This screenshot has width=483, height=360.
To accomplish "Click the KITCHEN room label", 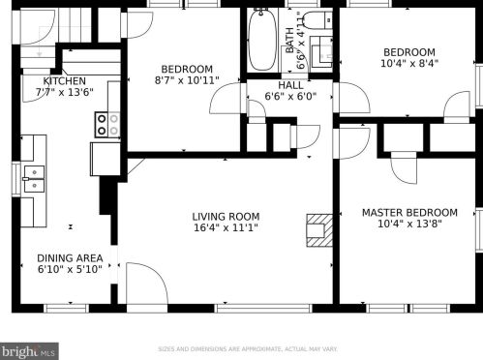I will click(65, 81).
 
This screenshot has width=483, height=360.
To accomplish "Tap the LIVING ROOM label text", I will click(225, 217).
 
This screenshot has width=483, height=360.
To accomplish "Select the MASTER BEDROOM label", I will click(409, 213).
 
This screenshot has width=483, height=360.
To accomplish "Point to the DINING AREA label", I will click(70, 258).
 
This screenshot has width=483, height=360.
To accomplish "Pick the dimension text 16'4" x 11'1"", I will click(225, 229).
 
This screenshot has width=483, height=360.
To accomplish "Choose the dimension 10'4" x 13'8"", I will click(409, 225).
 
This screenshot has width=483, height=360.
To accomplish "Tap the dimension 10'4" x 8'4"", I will click(409, 65).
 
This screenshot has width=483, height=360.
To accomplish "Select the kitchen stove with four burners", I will click(106, 123).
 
